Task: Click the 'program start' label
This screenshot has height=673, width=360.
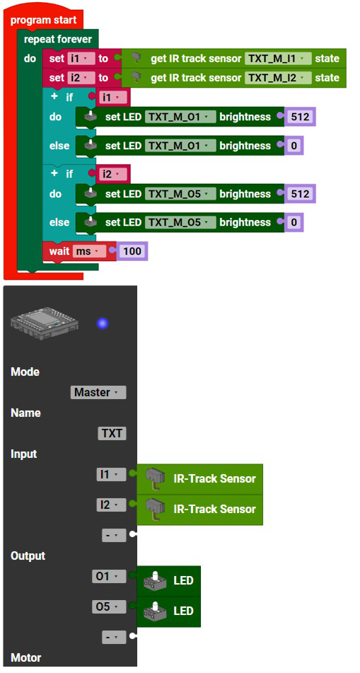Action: pos(43,21)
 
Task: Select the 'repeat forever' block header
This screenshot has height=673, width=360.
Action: pos(58,40)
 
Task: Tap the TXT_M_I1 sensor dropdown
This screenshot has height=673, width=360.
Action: pos(278,58)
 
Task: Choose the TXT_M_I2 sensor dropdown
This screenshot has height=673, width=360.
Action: pos(278,78)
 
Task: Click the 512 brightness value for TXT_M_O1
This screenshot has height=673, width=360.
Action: pos(300,117)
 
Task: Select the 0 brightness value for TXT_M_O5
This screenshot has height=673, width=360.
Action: pos(294,222)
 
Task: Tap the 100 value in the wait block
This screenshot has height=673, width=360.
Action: pos(132,251)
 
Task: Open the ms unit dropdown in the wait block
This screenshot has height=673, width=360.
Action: pos(89,251)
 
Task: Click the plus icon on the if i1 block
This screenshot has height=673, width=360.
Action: pos(54,97)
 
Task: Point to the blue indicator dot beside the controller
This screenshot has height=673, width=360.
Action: pos(103,323)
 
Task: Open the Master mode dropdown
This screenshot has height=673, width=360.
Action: pos(98,392)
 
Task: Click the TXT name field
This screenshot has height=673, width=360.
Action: pos(112,434)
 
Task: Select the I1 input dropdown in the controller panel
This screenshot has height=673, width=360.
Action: pos(112,474)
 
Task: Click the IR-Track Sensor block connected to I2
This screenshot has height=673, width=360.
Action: pos(200,510)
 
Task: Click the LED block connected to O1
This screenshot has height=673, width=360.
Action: pos(168,581)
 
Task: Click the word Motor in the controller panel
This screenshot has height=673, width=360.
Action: pos(25,657)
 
